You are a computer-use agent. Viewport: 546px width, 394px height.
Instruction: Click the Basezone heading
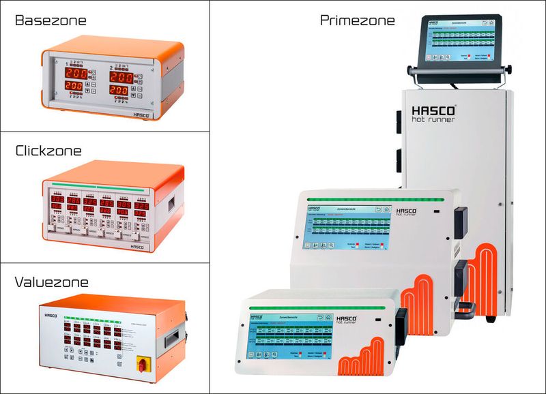(x=51, y=20)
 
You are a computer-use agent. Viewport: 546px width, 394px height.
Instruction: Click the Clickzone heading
(x=48, y=151)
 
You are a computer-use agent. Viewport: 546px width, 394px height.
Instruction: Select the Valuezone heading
(x=52, y=282)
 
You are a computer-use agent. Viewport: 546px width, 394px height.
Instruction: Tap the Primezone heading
(x=357, y=20)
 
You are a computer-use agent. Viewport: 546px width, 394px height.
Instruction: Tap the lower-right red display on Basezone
(x=119, y=90)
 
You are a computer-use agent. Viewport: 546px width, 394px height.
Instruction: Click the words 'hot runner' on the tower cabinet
(x=434, y=120)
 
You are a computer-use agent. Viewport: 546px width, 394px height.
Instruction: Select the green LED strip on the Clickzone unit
(x=113, y=186)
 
